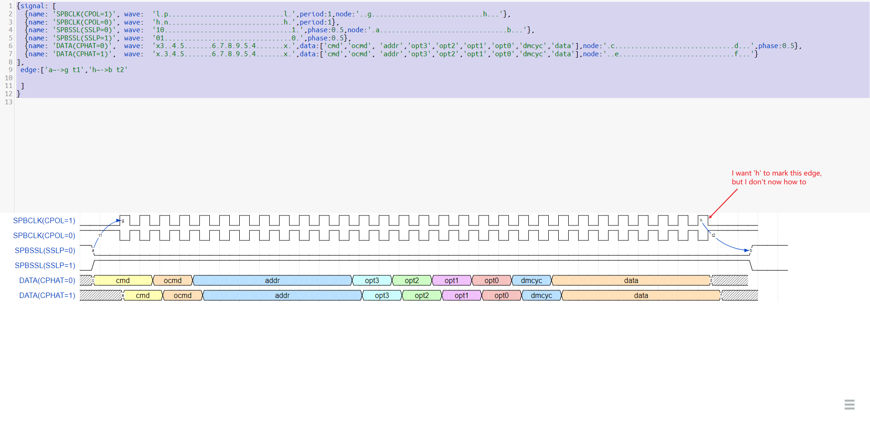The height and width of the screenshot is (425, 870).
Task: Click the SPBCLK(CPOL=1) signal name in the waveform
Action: tap(44, 220)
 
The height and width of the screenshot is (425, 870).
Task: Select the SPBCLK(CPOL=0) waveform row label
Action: tap(44, 235)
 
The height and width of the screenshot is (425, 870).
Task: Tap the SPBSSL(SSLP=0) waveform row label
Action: tap(45, 250)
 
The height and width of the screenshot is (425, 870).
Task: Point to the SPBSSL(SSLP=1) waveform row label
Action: tap(45, 265)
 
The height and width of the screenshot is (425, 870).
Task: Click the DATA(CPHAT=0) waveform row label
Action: tap(47, 280)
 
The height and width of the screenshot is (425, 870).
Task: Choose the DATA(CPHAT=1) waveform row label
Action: tap(47, 295)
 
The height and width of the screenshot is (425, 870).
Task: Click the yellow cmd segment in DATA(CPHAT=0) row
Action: tap(123, 280)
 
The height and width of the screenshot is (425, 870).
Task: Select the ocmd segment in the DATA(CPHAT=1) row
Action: tap(183, 295)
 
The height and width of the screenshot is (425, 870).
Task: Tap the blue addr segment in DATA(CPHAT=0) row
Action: tap(272, 280)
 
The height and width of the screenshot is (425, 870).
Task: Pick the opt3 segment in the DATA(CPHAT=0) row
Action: tap(372, 280)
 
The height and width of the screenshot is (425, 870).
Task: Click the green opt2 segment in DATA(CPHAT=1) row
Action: tap(422, 295)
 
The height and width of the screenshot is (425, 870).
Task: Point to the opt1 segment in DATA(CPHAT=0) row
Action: tap(452, 280)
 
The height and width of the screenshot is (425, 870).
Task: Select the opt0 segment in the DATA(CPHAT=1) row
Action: tap(502, 295)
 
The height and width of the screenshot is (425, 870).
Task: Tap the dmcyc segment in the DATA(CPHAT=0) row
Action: tap(532, 280)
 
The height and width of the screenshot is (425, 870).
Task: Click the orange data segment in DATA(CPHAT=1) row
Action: tap(641, 295)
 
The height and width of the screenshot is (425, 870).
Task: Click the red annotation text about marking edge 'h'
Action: tap(776, 177)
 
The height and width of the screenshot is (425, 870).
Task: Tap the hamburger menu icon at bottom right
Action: tap(850, 404)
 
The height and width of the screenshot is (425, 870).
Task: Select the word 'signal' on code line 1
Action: tap(32, 6)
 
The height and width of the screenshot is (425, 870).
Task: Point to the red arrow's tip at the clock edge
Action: tap(710, 218)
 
